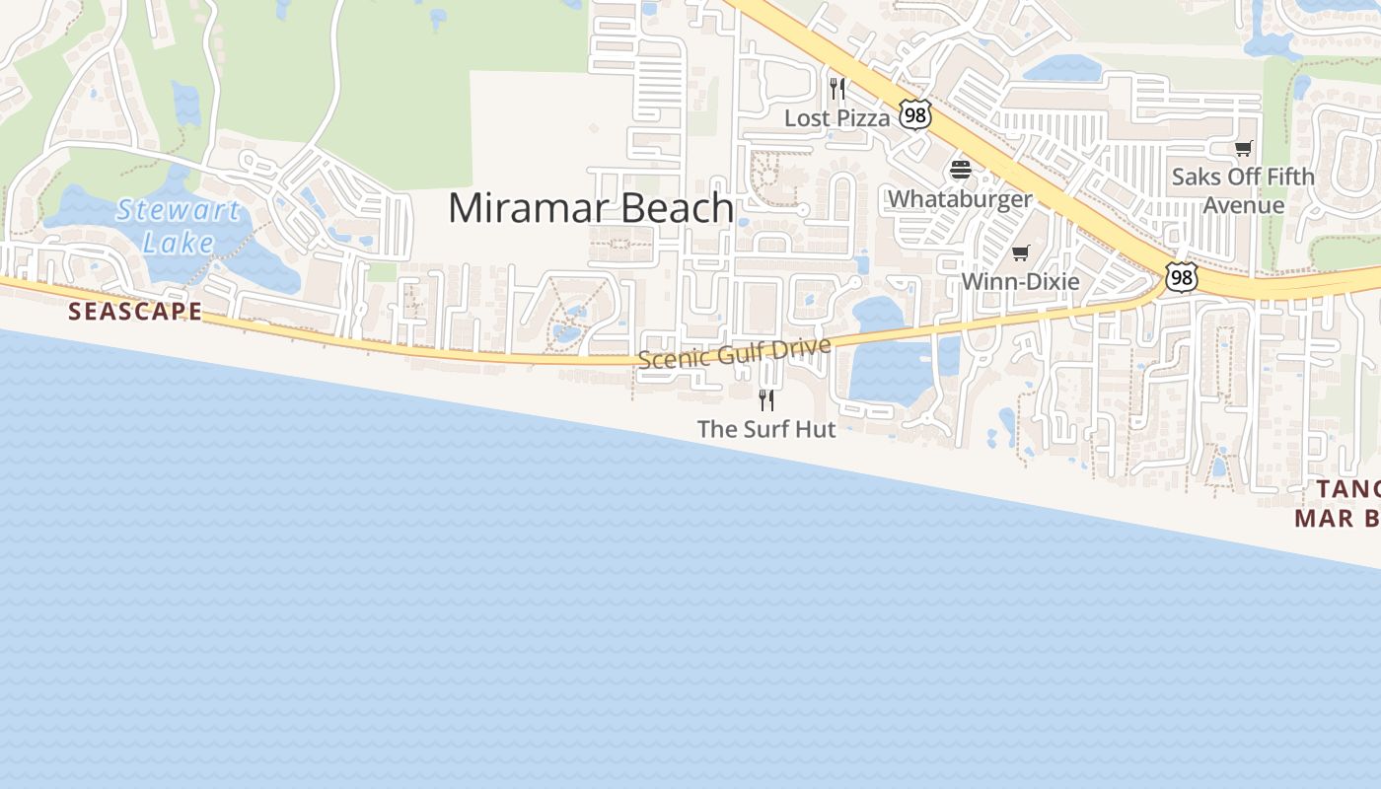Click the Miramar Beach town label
[590, 208]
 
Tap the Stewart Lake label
[179, 226]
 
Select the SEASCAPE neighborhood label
[135, 312]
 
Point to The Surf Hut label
[766, 429]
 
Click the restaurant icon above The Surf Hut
[766, 399]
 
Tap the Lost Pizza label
[836, 118]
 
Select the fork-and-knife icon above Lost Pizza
[837, 89]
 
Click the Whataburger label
[960, 199]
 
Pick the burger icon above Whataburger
[961, 170]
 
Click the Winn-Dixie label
[1020, 282]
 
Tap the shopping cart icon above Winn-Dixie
[1021, 253]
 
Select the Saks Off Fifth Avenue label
[1243, 190]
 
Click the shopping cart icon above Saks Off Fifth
[1244, 149]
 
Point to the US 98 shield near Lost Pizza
[915, 115]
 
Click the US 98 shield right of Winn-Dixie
[1181, 277]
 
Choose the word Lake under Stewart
[179, 242]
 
